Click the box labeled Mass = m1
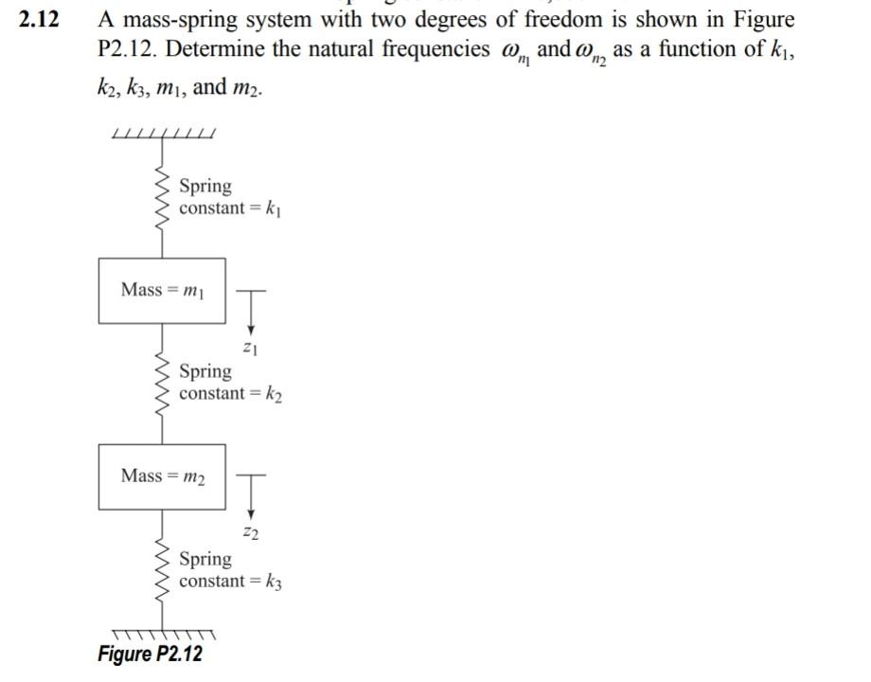pyautogui.click(x=162, y=290)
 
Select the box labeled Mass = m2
pyautogui.click(x=162, y=476)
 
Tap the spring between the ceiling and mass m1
pyautogui.click(x=161, y=197)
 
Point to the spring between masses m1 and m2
pyautogui.click(x=161, y=383)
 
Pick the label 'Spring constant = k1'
pyautogui.click(x=229, y=197)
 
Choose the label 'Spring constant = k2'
pyautogui.click(x=230, y=383)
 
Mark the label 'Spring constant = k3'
pyautogui.click(x=230, y=570)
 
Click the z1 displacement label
pyautogui.click(x=251, y=349)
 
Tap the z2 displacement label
pyautogui.click(x=251, y=534)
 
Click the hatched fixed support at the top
pyautogui.click(x=163, y=133)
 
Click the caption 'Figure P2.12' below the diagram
pyautogui.click(x=150, y=655)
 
